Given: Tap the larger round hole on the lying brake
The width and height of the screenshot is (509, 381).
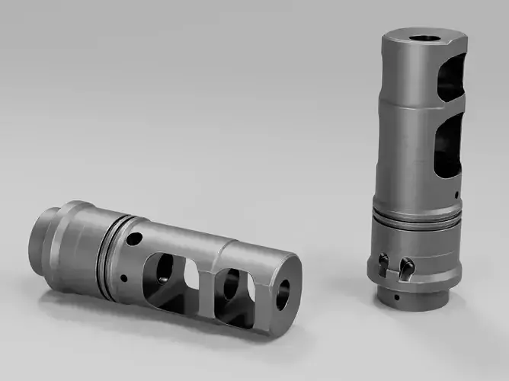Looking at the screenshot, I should [133, 240].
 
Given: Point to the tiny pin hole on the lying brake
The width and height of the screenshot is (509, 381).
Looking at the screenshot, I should [122, 278].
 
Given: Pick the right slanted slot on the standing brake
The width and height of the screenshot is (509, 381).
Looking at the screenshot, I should [407, 266].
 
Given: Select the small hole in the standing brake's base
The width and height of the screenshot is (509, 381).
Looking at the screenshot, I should [398, 292].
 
